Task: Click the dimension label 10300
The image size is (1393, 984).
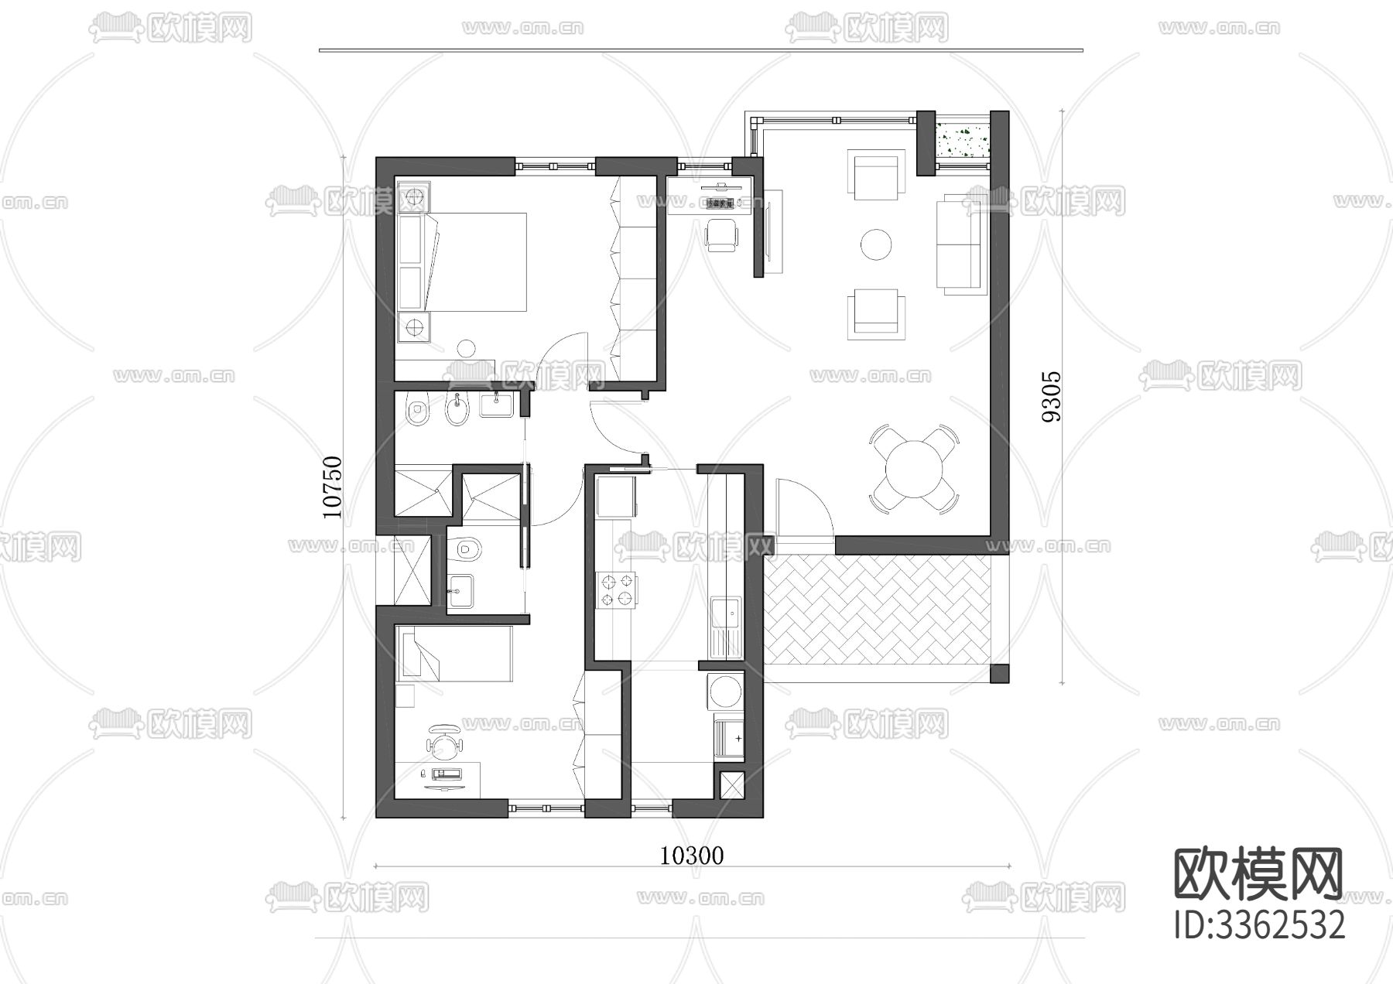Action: click(692, 855)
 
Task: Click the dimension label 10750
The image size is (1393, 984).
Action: click(332, 487)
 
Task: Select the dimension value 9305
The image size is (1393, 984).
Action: click(1052, 396)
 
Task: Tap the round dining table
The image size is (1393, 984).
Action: click(914, 468)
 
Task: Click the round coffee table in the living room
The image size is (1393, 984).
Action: click(876, 244)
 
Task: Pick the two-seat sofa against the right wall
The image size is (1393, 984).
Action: click(960, 243)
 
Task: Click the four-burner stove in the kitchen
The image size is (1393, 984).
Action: click(616, 589)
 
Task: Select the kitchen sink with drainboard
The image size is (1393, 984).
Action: click(725, 627)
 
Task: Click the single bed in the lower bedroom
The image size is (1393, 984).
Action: click(454, 654)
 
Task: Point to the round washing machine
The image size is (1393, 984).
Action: click(726, 691)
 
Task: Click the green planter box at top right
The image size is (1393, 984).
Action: click(963, 142)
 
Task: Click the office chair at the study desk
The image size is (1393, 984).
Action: click(723, 234)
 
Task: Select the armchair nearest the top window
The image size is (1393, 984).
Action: click(876, 175)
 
